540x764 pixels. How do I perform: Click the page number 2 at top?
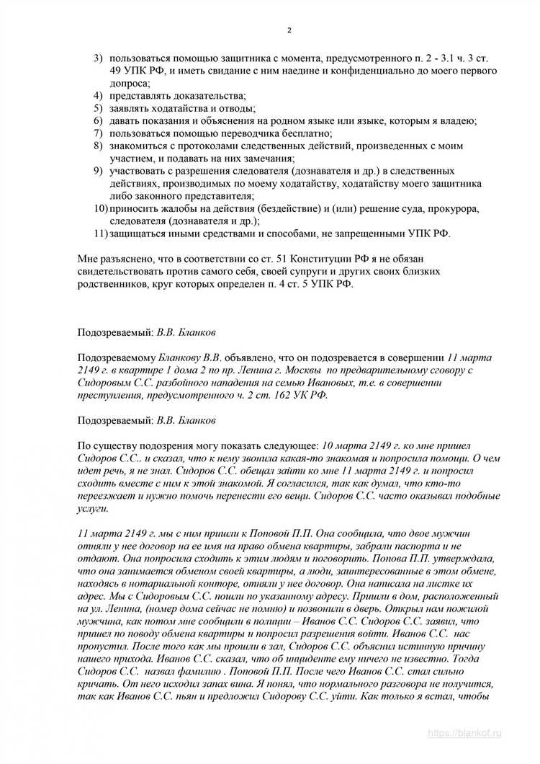coord(289,30)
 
